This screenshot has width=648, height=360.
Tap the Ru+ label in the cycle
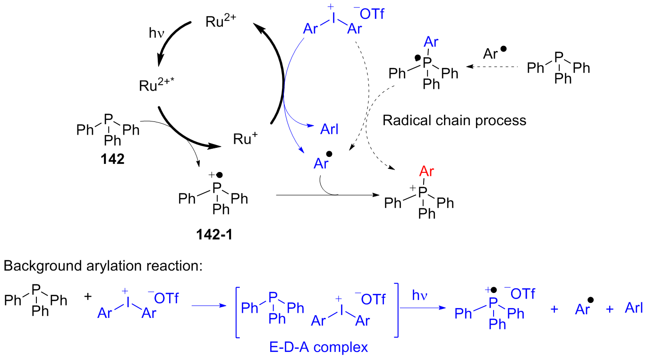pos(245,139)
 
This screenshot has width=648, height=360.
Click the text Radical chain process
pos(454,120)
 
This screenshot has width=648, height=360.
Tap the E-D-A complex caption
pos(318,347)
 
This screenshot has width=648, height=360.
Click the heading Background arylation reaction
pos(102,266)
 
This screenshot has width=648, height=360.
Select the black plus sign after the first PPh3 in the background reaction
pos(88,298)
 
